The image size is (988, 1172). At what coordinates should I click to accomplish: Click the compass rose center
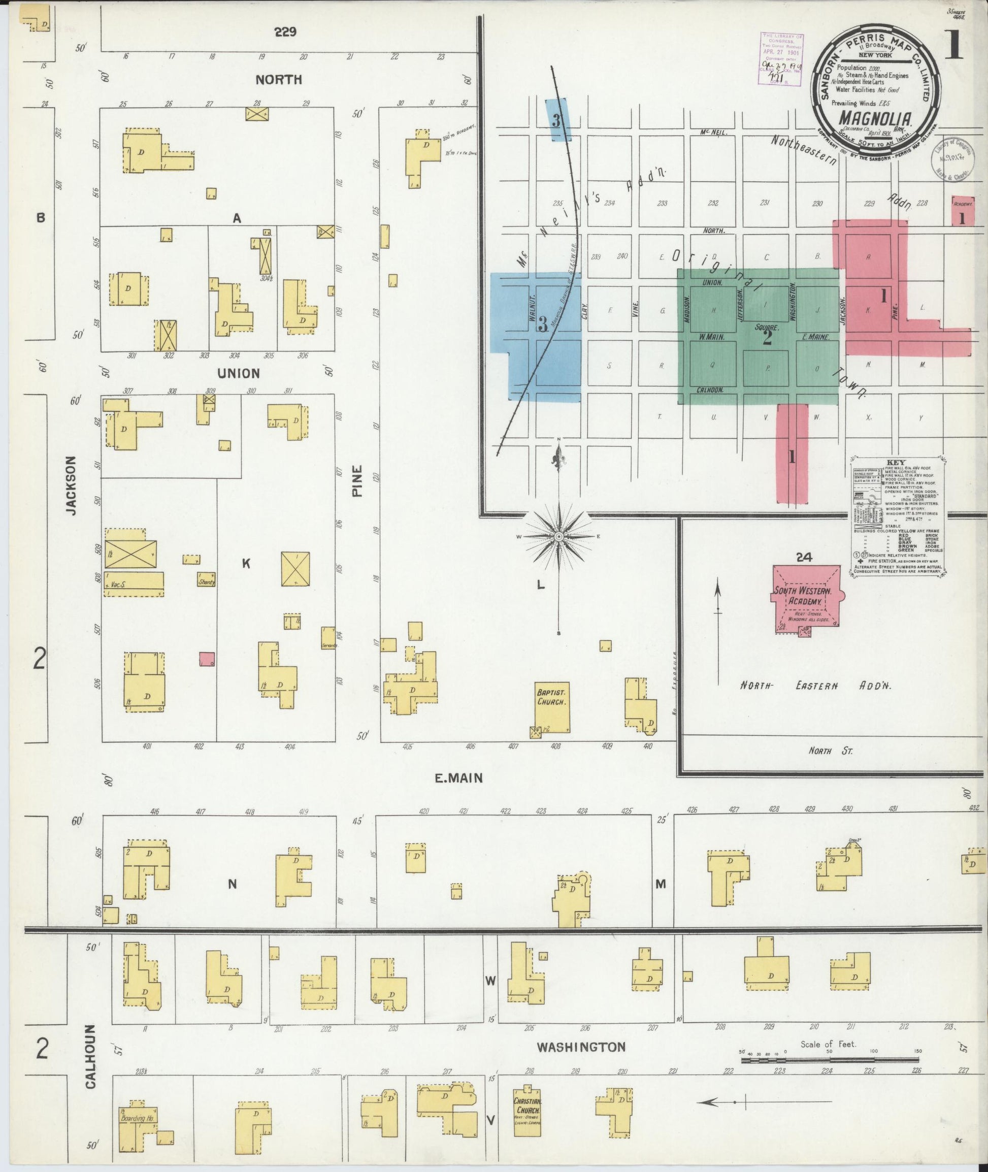(558, 537)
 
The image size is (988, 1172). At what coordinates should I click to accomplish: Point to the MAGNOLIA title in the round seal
(873, 119)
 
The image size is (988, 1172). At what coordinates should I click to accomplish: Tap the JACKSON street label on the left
(71, 484)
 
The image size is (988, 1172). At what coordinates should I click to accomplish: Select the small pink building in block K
(207, 659)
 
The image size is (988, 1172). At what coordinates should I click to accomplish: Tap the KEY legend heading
(896, 463)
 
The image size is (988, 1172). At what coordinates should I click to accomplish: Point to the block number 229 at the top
(285, 32)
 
